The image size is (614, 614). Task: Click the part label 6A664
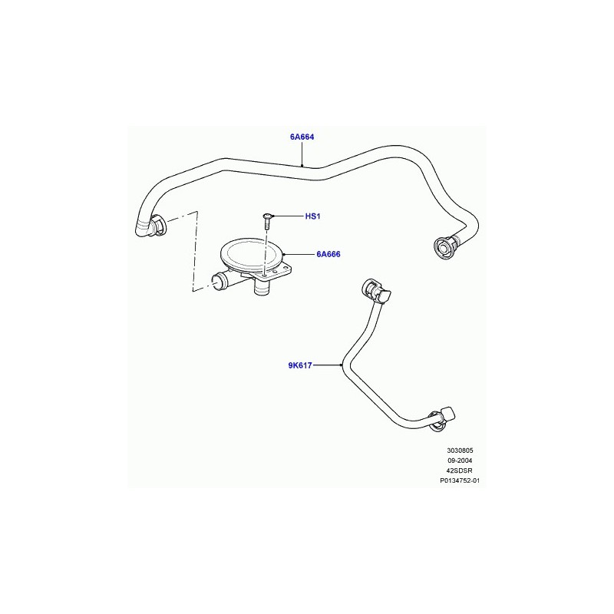[302, 137]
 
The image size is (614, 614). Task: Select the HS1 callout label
[312, 216]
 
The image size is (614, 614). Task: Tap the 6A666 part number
[328, 254]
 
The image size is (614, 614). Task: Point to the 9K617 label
[300, 365]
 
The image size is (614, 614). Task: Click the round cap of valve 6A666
[252, 256]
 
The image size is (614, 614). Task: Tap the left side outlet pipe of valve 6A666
[223, 281]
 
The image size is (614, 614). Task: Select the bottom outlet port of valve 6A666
[262, 289]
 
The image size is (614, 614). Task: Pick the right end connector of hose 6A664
[445, 246]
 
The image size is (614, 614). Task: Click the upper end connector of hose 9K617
[375, 291]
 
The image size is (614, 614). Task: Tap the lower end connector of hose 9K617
[441, 419]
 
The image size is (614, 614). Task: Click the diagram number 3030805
[460, 451]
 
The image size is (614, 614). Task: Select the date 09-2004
[460, 460]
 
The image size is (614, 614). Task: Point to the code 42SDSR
[459, 470]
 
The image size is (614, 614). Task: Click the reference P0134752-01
[460, 480]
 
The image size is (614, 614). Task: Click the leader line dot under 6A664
[302, 166]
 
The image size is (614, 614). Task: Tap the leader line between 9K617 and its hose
[328, 365]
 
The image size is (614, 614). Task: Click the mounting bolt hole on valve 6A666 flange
[266, 276]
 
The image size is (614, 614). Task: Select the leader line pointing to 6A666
[299, 254]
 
